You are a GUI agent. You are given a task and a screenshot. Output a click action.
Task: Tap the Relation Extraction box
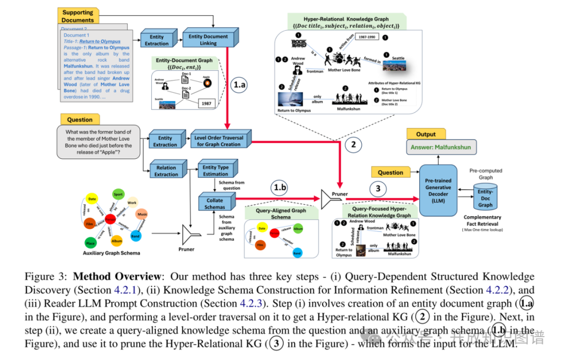[166, 171]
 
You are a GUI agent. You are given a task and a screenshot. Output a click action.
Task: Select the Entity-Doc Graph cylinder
[485, 198]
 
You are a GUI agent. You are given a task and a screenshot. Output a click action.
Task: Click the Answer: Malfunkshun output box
[440, 147]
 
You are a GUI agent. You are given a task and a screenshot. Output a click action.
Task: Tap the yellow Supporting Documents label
[78, 16]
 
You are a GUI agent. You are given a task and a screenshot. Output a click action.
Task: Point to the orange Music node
[142, 214]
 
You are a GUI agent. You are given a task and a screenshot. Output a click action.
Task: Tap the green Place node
[91, 242]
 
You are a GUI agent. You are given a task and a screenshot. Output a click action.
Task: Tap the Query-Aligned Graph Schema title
[280, 213]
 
